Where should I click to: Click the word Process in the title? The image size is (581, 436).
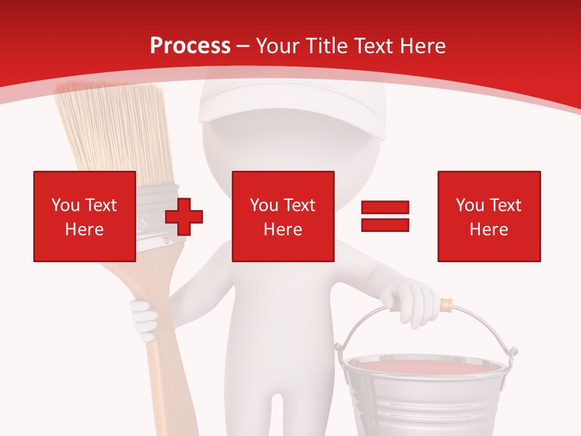[x=190, y=46]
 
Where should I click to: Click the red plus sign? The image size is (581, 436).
[x=184, y=217]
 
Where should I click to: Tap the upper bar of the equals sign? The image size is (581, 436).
[x=385, y=207]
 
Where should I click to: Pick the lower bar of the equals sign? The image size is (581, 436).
[x=385, y=225]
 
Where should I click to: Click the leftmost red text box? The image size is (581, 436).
[x=85, y=216]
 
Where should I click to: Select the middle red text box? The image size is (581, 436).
[x=283, y=216]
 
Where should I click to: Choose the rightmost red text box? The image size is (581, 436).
[x=488, y=216]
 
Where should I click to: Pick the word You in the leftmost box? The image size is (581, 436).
[x=65, y=205]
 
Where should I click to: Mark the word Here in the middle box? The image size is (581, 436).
[x=283, y=230]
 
